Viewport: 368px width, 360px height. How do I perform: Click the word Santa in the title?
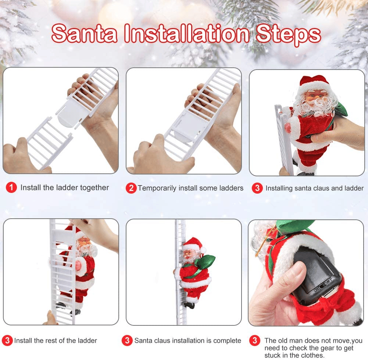85,34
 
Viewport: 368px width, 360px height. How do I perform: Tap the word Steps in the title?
288,34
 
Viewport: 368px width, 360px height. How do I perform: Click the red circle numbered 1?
11,188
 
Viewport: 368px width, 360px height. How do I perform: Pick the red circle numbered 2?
131,188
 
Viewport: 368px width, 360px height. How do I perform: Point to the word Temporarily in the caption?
157,188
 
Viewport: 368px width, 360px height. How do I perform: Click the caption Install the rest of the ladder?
55,340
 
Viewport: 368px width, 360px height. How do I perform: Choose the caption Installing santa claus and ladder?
314,188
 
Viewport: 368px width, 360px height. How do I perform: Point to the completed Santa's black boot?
190,305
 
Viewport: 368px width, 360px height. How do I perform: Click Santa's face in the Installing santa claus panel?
315,98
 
